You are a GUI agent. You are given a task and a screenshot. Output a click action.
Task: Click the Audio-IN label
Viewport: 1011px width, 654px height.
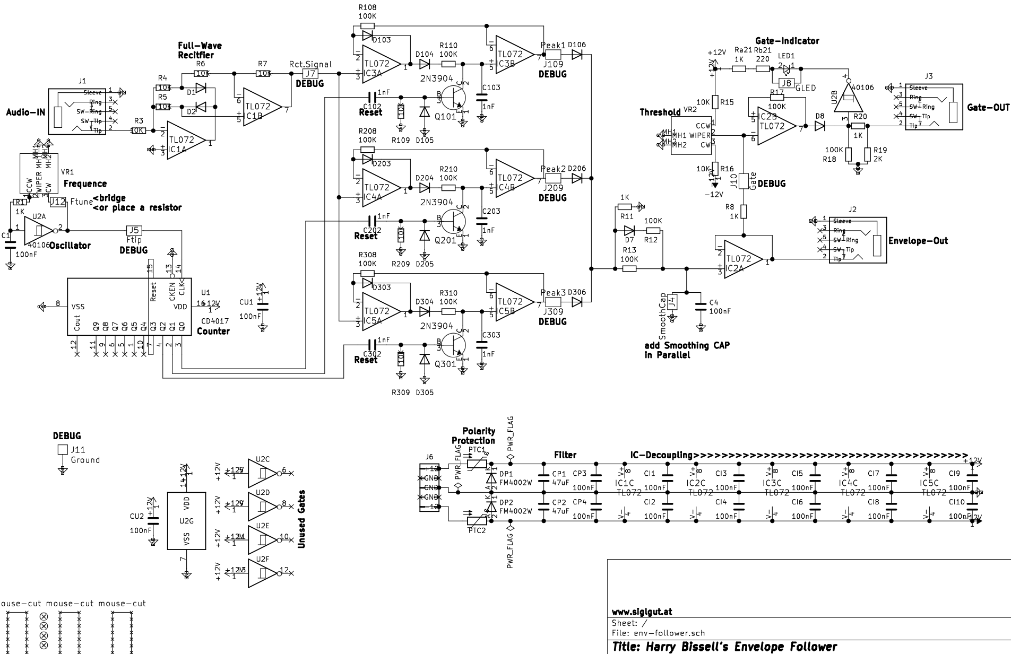[x=25, y=112]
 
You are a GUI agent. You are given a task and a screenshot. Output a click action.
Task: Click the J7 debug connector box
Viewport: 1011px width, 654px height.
[x=309, y=74]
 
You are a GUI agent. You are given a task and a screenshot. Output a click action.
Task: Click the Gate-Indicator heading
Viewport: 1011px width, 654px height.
[x=787, y=41]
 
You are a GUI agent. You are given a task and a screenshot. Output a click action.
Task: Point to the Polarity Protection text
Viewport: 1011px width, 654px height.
[x=473, y=435]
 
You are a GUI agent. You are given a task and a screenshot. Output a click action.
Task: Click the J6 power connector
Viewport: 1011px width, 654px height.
[x=429, y=487]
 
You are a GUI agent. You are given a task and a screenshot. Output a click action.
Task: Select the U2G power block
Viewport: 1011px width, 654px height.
[x=186, y=521]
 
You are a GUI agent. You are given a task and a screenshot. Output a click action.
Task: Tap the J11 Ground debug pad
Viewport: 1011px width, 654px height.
[x=63, y=450]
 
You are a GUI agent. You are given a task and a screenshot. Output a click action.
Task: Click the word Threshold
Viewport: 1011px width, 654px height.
[x=660, y=112]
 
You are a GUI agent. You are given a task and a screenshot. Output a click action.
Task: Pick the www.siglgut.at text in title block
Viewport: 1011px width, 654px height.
[x=642, y=611]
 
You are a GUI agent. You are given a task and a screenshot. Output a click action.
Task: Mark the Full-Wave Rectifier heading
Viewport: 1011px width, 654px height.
[x=200, y=50]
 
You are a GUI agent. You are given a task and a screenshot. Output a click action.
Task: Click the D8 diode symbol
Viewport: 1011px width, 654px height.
[x=820, y=126]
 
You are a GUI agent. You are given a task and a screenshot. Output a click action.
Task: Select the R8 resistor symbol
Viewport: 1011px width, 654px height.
[x=744, y=212]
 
